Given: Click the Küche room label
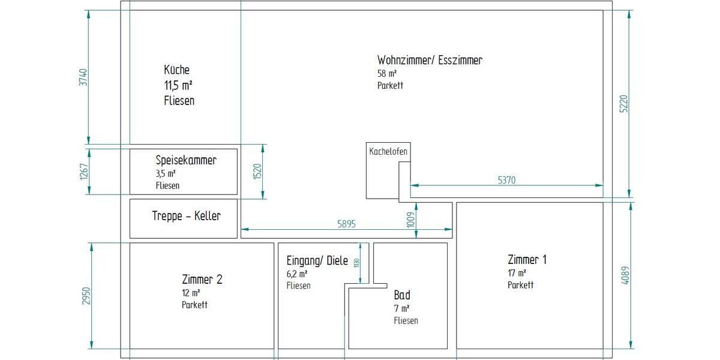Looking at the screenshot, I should [177, 70].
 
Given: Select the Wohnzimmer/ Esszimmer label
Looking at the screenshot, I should [430, 60].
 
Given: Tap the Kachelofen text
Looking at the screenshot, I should [388, 152].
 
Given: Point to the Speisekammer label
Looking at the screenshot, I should [186, 160].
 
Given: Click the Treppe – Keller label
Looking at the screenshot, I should [186, 216].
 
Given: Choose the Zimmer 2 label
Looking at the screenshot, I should [202, 279].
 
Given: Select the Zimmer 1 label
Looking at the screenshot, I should [527, 260].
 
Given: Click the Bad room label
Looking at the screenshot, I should [402, 295].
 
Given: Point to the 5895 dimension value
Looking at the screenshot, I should [347, 224].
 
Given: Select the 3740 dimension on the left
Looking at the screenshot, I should [83, 78].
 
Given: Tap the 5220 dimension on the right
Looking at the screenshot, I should [623, 103].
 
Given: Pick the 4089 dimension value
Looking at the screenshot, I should [626, 275].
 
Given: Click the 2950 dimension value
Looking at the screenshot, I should [85, 296].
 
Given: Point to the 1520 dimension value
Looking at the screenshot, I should [257, 171].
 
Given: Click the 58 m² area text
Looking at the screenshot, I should [387, 74].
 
